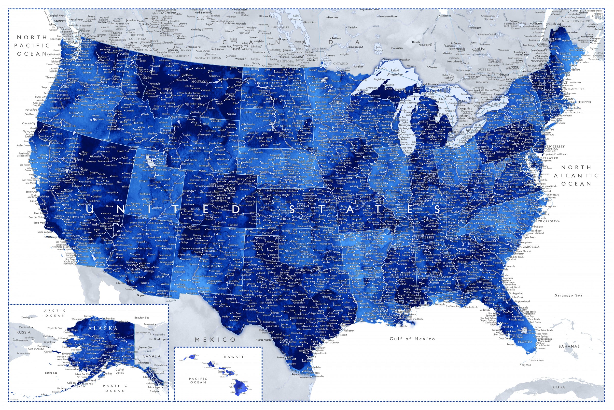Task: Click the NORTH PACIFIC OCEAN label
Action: [32, 46]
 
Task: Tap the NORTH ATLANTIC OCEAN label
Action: [576, 175]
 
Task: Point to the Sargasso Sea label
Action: [568, 295]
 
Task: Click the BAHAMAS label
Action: [569, 346]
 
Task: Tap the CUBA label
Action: [559, 387]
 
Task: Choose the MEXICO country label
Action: [215, 339]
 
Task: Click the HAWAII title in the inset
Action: [233, 357]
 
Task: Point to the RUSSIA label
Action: [24, 332]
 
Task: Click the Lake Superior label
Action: [395, 72]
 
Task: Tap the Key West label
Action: [526, 365]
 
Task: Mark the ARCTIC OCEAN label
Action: [55, 313]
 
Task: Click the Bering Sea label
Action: [51, 373]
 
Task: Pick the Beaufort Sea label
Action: [142, 318]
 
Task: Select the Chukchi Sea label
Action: [55, 328]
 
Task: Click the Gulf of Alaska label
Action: [120, 371]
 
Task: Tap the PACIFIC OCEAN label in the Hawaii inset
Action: [198, 380]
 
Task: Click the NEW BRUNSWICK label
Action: [576, 21]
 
